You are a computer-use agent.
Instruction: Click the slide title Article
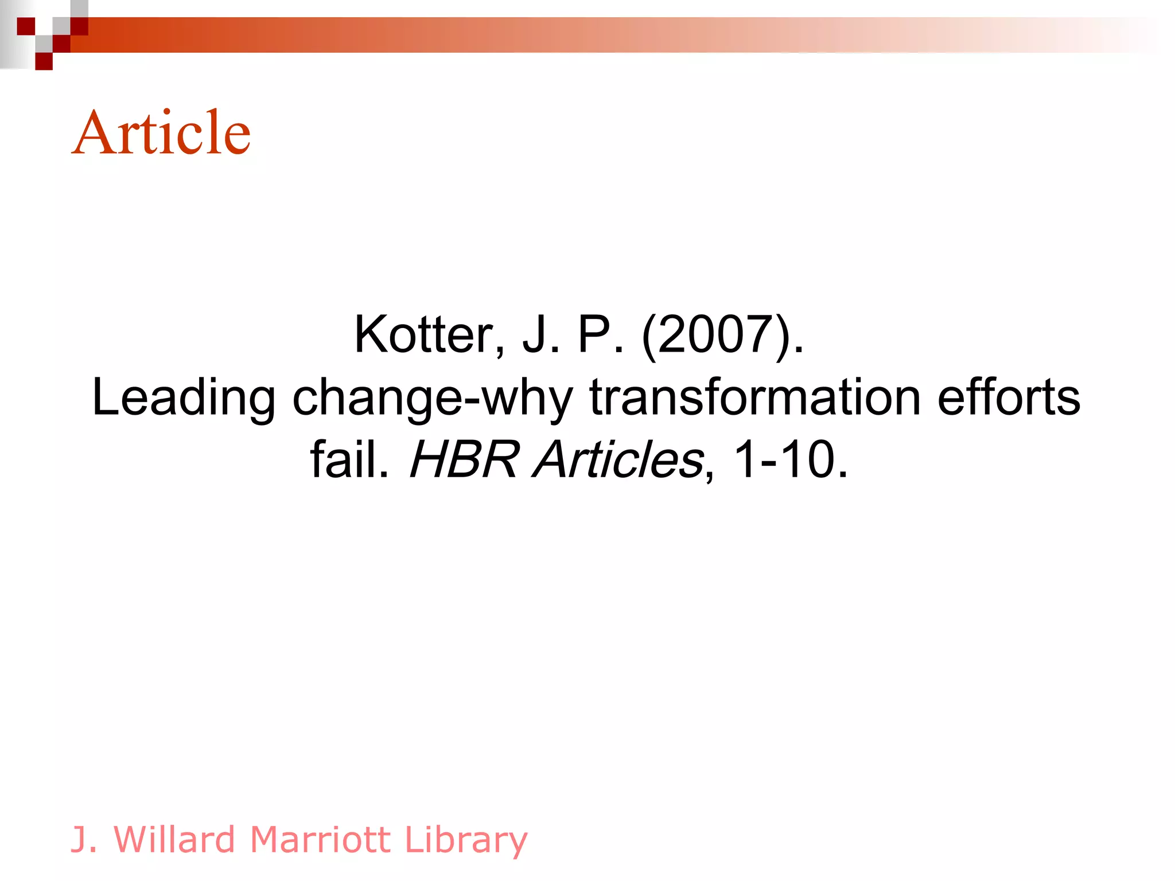click(161, 132)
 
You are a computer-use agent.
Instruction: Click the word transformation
click(755, 397)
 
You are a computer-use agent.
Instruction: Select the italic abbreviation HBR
click(464, 459)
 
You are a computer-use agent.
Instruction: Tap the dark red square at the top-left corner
click(26, 26)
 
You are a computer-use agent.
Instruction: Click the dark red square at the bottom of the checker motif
click(44, 61)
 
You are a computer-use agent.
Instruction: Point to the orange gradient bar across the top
click(574, 35)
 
